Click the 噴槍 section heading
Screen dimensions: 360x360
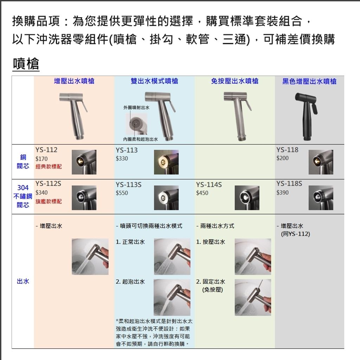pos(26,64)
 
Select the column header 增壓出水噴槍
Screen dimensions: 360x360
pos(74,81)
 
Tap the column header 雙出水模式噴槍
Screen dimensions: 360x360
pos(154,81)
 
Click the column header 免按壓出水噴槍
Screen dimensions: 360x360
pos(234,81)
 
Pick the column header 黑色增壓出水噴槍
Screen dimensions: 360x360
pos(309,82)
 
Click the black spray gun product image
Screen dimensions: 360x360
pos(306,114)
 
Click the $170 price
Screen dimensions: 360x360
pos(41,159)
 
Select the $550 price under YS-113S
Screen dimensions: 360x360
pos(122,193)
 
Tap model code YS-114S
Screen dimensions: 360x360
pos(209,185)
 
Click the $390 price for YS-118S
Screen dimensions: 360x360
pos(282,192)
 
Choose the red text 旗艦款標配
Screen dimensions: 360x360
pos(49,201)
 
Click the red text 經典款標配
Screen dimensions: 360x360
pos(49,166)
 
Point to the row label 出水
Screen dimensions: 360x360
pos(23,281)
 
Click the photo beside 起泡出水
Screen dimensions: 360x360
pos(172,297)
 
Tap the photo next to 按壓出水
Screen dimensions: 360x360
pos(253,256)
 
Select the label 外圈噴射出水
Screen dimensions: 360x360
pos(136,107)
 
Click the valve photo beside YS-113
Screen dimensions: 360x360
pos(166,162)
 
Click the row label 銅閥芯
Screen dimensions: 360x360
pos(23,162)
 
